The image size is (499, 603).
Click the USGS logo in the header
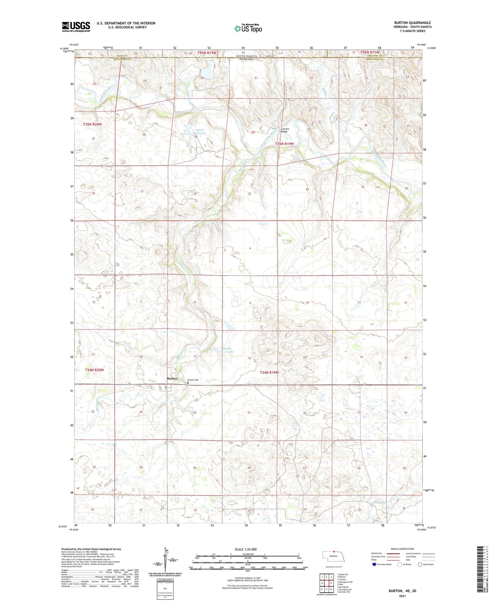76,26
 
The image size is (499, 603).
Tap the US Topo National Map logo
248,28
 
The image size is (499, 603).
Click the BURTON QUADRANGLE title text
412,23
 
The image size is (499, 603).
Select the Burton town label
172,379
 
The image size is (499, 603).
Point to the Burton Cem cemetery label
193,380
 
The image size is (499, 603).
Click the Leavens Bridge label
285,130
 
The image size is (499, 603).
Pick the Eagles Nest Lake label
228,350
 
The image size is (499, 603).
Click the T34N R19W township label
269,373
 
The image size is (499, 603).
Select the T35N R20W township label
92,124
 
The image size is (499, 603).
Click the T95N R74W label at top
207,52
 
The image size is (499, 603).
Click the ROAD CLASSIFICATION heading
402,549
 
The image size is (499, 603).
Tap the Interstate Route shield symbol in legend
375,564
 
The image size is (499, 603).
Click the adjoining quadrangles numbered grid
326,584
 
